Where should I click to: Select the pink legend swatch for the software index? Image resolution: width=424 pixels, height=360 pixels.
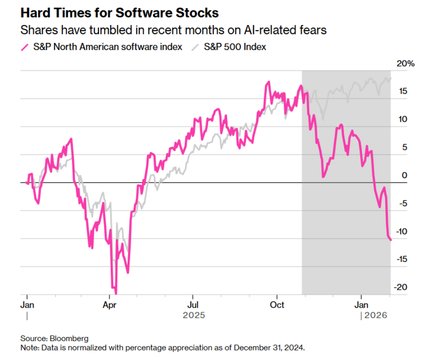coord(25,48)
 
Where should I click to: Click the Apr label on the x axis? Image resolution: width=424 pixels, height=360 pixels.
coord(109,304)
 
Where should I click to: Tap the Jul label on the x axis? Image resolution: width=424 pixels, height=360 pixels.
coord(192,304)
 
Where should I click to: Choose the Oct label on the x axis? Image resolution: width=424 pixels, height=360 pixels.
coord(277,304)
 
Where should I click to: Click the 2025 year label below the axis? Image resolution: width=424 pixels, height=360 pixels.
coord(194,315)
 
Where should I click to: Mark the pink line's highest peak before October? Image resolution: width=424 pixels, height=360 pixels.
coord(269,82)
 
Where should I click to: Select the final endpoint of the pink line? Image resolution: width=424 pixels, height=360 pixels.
coord(391,240)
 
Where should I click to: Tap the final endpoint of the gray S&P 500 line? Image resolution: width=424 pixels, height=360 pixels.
coord(391,78)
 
